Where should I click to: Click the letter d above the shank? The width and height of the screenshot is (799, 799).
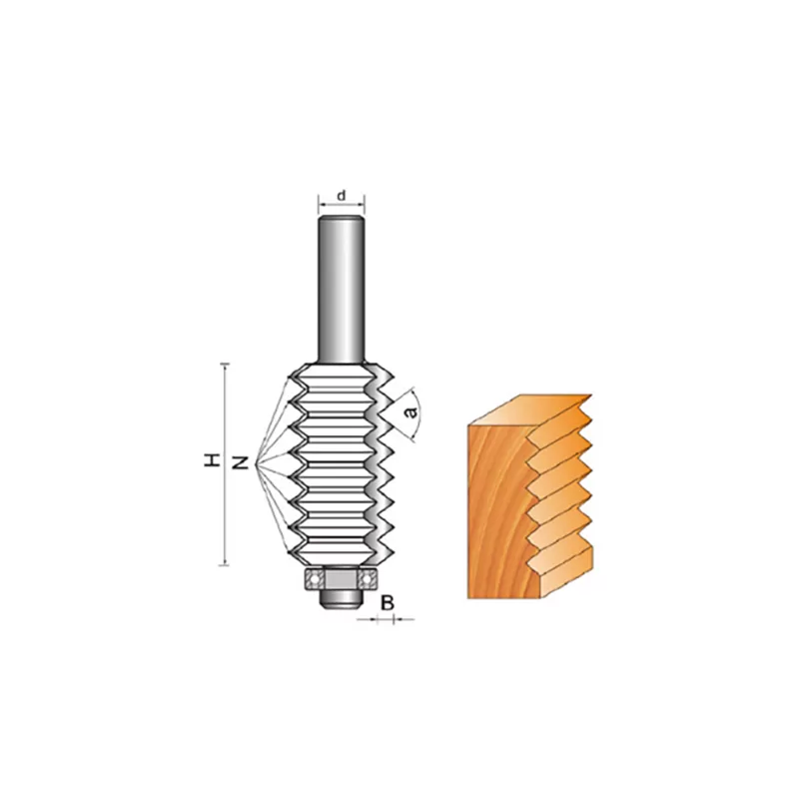point(342,195)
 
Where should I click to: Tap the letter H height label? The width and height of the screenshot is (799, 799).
point(212,460)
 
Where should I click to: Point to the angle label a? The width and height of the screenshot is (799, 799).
point(410,410)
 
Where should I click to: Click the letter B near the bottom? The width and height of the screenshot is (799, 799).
point(388,603)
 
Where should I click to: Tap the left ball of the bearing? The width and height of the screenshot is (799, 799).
point(315,579)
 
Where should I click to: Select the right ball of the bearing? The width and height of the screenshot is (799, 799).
point(367,579)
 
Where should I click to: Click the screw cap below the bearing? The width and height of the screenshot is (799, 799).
point(341,599)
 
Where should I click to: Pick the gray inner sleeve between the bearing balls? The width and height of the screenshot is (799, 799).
point(341,579)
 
